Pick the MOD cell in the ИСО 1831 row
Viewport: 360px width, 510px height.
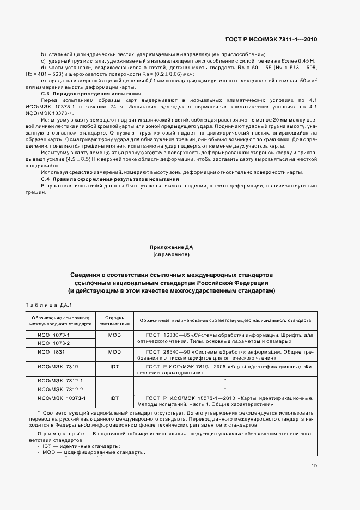114,352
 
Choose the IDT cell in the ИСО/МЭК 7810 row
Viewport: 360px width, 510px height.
114,367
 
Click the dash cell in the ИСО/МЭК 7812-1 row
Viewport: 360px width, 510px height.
114,380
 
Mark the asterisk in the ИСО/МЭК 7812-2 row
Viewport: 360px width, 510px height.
225,389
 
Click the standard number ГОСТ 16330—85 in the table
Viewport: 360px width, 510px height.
166,334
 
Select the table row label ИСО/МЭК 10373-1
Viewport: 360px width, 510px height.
58,398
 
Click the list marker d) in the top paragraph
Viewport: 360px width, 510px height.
43,66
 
